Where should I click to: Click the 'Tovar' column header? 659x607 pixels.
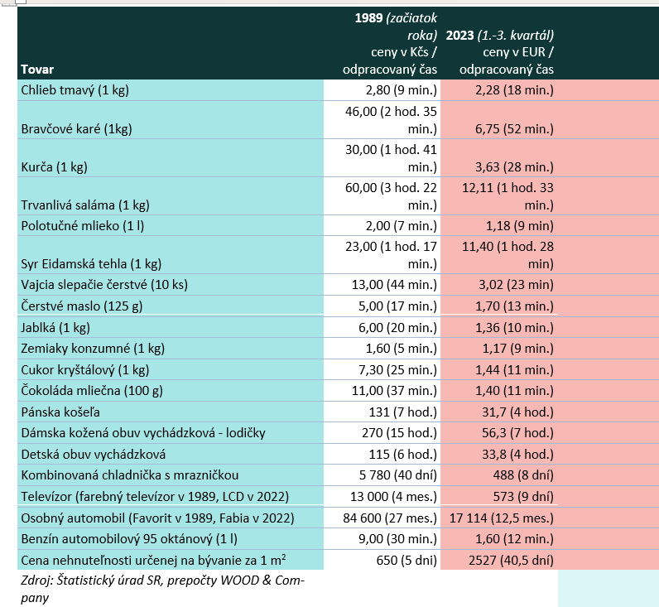pyautogui.click(x=37, y=70)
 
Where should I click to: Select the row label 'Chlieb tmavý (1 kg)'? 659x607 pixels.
pyautogui.click(x=75, y=90)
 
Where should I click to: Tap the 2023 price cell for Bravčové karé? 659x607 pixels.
pyautogui.click(x=514, y=129)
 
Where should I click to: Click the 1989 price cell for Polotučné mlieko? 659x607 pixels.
pyautogui.click(x=402, y=226)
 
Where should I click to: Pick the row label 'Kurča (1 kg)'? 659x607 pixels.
pyautogui.click(x=54, y=167)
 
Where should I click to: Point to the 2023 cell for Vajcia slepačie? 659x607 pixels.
pyautogui.click(x=516, y=285)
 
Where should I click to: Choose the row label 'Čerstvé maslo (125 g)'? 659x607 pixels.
pyautogui.click(x=82, y=306)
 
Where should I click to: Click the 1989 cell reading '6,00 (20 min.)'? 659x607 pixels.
pyautogui.click(x=397, y=328)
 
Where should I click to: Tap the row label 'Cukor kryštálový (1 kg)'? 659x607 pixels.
pyautogui.click(x=85, y=370)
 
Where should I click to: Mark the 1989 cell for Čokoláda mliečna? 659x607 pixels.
pyautogui.click(x=394, y=391)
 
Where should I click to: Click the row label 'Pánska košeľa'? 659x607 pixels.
pyautogui.click(x=60, y=412)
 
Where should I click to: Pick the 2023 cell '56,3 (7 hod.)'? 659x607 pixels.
pyautogui.click(x=517, y=433)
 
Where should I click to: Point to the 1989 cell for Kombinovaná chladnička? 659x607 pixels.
pyautogui.click(x=398, y=475)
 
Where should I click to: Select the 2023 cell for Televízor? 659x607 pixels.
pyautogui.click(x=523, y=497)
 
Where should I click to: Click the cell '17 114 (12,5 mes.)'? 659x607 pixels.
pyautogui.click(x=502, y=518)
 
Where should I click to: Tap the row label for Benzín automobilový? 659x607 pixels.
pyautogui.click(x=129, y=539)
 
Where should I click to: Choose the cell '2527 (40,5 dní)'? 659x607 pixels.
pyautogui.click(x=511, y=561)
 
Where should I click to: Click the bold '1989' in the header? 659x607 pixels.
pyautogui.click(x=368, y=18)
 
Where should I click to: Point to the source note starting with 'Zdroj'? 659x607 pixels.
pyautogui.click(x=162, y=589)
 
